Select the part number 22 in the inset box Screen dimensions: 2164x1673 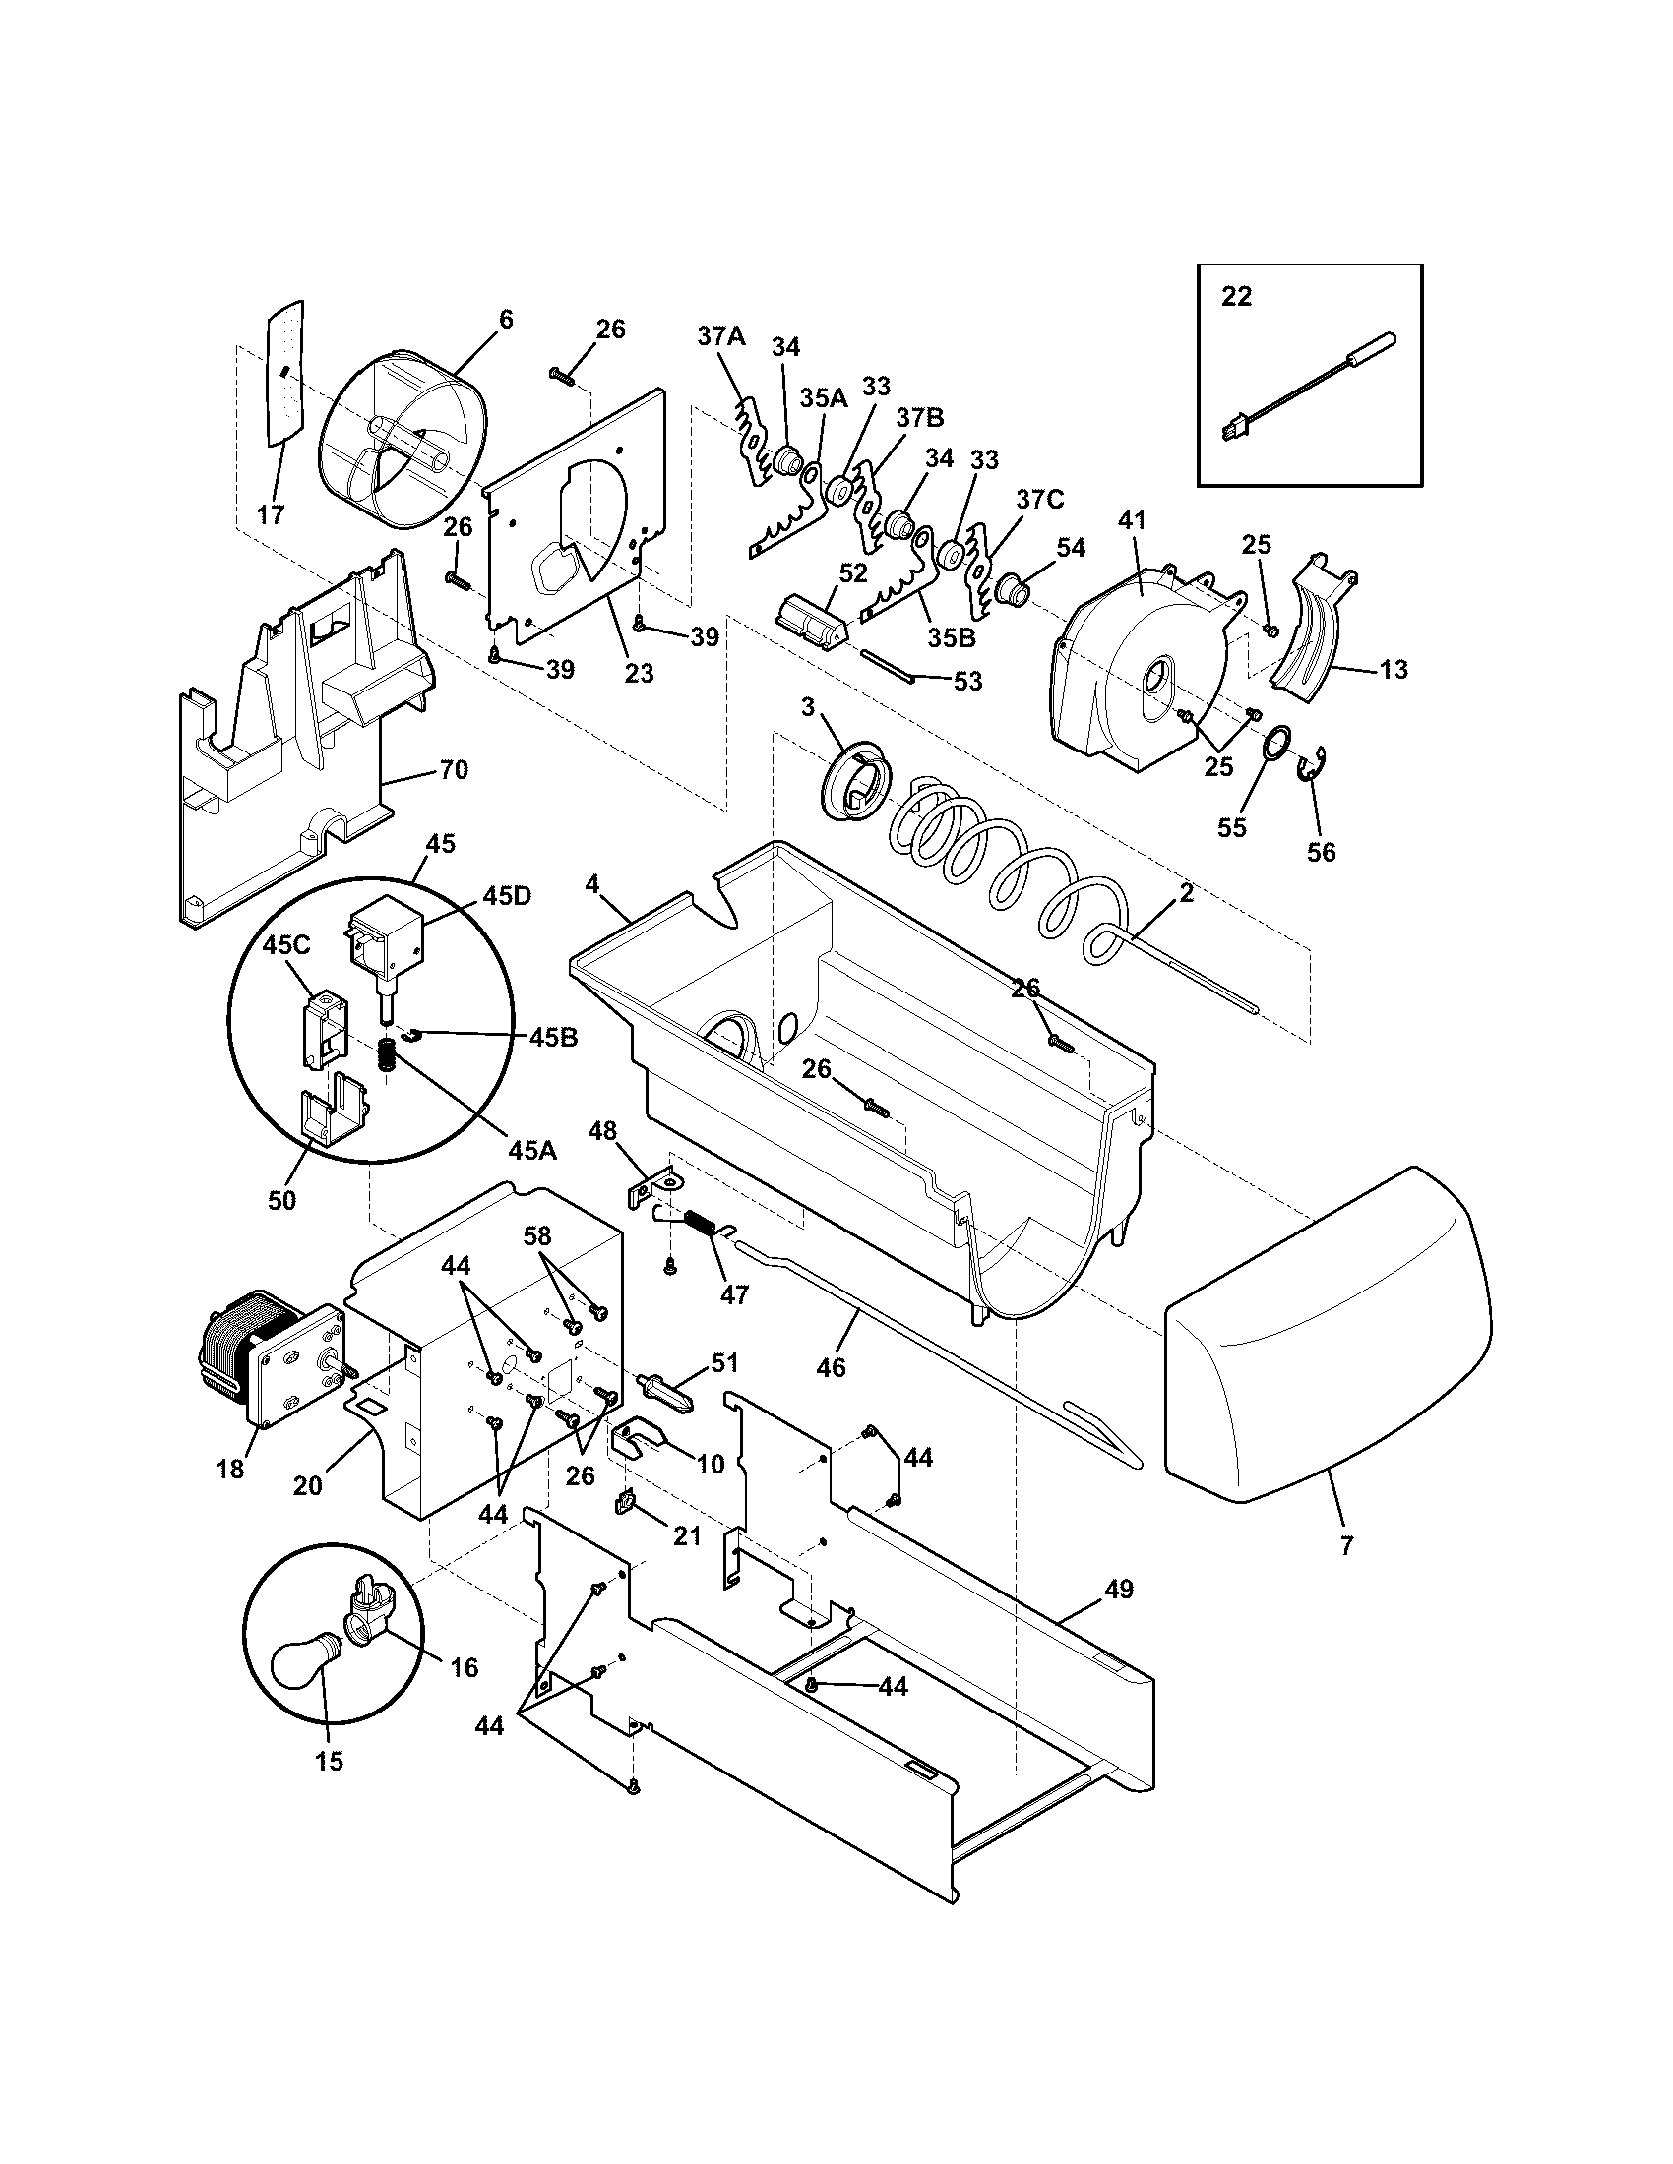click(x=1236, y=296)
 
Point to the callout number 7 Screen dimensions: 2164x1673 click(x=1346, y=1544)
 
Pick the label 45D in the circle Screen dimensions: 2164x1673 click(x=508, y=895)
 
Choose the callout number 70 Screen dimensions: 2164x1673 click(x=454, y=769)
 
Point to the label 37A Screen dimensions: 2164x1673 click(x=720, y=335)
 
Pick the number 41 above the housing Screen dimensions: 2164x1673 click(x=1131, y=519)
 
